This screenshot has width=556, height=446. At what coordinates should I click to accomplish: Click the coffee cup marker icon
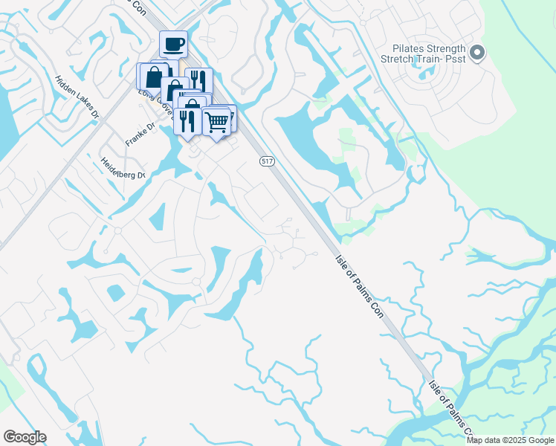(x=173, y=44)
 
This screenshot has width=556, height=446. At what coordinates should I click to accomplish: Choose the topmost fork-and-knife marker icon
(x=196, y=80)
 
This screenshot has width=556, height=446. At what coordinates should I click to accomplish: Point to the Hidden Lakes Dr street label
(x=77, y=96)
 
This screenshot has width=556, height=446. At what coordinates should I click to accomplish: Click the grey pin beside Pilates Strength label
(x=477, y=52)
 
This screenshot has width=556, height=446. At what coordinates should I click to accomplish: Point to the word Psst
(x=455, y=57)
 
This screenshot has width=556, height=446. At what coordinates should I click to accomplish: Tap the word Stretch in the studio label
(x=395, y=57)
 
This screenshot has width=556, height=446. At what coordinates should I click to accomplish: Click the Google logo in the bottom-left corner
(x=24, y=437)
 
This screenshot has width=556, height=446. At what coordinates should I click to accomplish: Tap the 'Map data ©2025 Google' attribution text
(x=510, y=440)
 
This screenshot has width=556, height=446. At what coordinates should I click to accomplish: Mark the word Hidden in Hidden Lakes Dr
(x=65, y=83)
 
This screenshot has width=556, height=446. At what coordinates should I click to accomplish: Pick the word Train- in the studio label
(x=427, y=57)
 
